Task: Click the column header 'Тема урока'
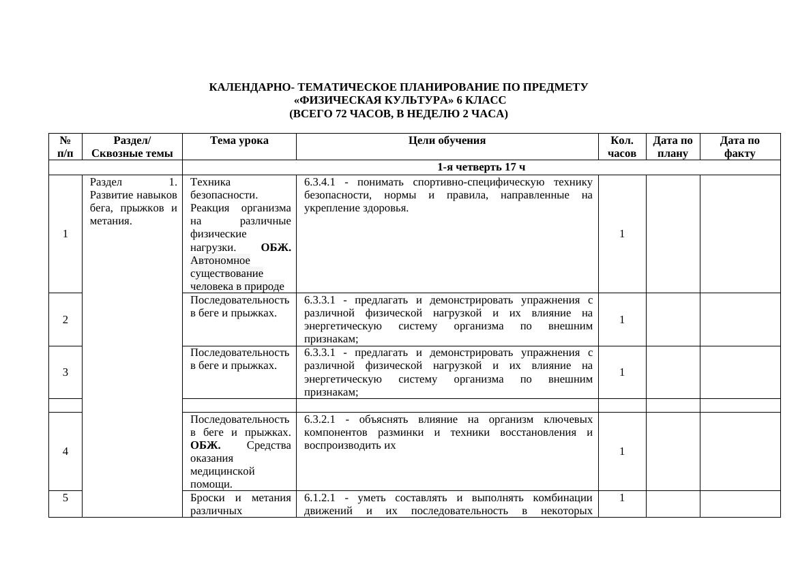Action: pos(239,140)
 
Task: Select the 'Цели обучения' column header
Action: pos(447,140)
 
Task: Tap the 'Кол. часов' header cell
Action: pos(622,147)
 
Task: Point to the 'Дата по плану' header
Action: pos(673,147)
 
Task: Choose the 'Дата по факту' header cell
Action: pos(740,147)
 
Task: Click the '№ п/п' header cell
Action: pos(65,147)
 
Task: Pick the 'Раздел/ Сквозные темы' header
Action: pos(132,147)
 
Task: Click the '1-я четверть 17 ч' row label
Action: pos(481,167)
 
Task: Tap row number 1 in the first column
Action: pos(65,234)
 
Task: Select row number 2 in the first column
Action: pos(65,319)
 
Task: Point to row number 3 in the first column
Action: pos(65,372)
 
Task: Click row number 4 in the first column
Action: pos(65,451)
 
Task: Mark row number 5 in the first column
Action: pos(65,498)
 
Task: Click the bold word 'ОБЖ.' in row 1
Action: pos(276,248)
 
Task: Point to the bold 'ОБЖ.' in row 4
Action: pos(206,445)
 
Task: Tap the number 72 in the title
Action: pos(342,114)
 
